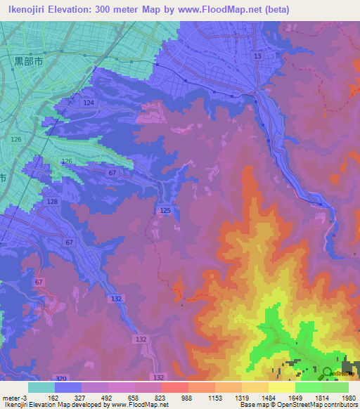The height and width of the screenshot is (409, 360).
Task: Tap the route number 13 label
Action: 257,56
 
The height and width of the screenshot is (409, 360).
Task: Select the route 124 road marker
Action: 89,103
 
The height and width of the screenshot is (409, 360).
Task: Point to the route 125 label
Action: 165,210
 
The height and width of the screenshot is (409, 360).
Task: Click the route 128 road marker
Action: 52,202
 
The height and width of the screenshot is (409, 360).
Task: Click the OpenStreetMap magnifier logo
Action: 327,372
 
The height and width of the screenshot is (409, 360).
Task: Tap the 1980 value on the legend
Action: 349,397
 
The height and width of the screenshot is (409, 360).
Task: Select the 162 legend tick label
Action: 54,397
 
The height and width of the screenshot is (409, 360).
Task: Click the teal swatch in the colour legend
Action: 41,387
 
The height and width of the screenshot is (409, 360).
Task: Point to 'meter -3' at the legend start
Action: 14,397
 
